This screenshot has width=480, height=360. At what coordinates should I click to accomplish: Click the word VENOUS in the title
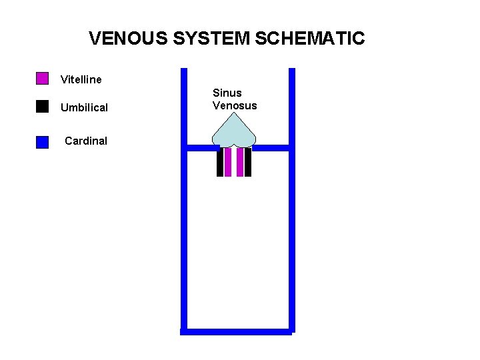point(129,38)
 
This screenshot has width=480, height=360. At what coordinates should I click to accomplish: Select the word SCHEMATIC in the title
point(309,38)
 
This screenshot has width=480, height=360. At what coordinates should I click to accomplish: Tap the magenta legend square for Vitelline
point(42,79)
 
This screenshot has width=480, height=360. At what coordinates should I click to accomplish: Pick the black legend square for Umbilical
point(42,107)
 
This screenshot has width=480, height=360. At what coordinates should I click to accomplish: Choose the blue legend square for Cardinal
point(42,141)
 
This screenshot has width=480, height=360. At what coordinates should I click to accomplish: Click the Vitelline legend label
point(81,80)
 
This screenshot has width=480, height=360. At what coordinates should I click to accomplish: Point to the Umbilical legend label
point(84,108)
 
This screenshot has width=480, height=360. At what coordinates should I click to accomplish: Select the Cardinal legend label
point(86,141)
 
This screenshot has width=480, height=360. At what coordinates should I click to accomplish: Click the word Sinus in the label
point(227,93)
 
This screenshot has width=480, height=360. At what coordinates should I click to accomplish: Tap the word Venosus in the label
point(235,106)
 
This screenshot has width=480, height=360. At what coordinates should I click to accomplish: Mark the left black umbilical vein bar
point(220,162)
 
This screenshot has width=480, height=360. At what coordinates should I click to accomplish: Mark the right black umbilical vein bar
point(248,162)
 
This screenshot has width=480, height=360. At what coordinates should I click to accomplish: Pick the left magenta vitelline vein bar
point(228,162)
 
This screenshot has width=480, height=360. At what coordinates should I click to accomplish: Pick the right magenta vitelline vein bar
point(240,162)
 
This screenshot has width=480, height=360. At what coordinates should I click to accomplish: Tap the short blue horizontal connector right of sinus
point(271,147)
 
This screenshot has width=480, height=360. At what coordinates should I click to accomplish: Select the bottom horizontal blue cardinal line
point(237,331)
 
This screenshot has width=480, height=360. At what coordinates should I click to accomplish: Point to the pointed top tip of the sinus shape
point(234,112)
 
